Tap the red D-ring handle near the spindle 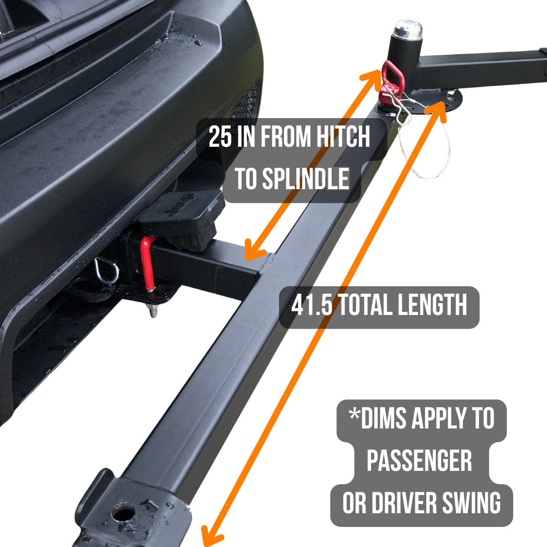[x=390, y=75]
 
